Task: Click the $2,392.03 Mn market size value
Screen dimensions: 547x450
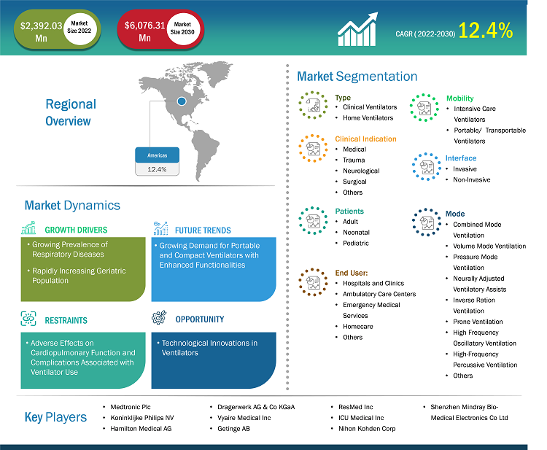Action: pos(41,32)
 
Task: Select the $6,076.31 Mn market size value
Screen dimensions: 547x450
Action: pos(145,31)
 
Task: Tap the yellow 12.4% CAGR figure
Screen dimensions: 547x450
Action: pos(485,31)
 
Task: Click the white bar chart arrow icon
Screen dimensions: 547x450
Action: pos(357,29)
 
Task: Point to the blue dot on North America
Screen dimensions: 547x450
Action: pos(182,101)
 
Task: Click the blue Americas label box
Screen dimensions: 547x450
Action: pos(157,155)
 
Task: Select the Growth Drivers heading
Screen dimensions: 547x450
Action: pos(76,230)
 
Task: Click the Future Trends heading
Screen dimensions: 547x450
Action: pos(203,230)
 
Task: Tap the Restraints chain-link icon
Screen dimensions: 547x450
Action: pos(28,319)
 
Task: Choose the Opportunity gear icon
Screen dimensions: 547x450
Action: pos(159,317)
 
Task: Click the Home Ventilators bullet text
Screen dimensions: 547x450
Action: pos(368,118)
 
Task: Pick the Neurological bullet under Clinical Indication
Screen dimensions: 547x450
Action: pos(361,171)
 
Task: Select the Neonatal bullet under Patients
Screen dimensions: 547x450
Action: pos(356,233)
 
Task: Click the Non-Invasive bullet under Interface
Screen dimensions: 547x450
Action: pos(472,179)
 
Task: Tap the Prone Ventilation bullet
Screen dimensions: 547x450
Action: pos(478,322)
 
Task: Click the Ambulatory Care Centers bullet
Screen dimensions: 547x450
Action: pos(379,294)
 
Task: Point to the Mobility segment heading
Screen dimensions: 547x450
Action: pos(459,98)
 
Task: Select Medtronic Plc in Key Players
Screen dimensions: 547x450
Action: pos(130,407)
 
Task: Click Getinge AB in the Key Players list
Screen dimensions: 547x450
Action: pos(233,429)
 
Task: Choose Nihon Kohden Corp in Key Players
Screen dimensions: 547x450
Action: pos(367,429)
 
